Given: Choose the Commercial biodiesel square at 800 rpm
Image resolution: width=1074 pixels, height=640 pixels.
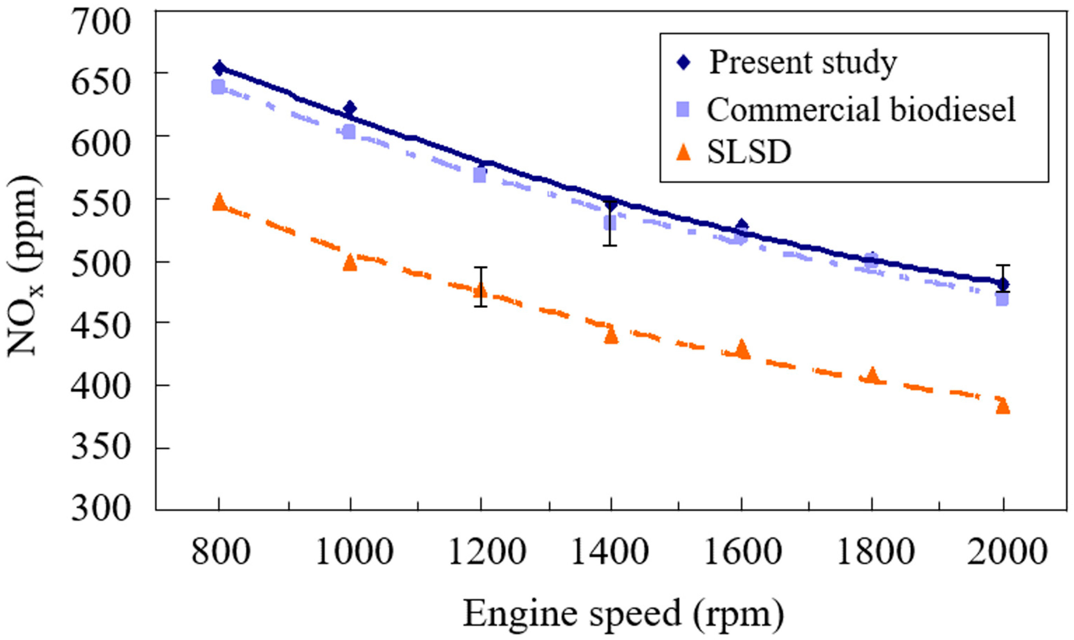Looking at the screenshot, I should (218, 87).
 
